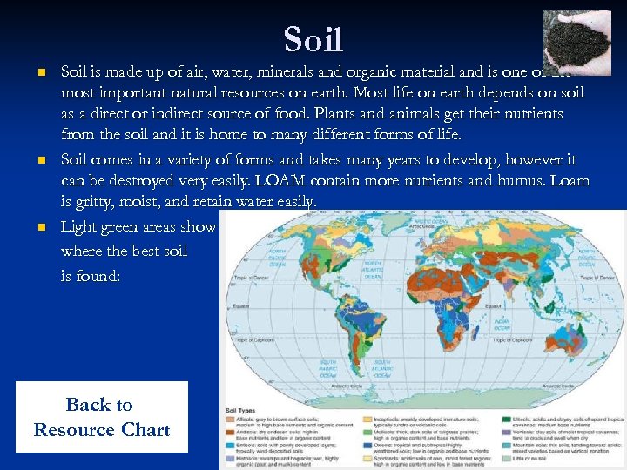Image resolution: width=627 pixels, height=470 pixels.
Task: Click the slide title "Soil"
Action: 313,40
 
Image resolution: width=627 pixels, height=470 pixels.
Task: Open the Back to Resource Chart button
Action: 101,417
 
